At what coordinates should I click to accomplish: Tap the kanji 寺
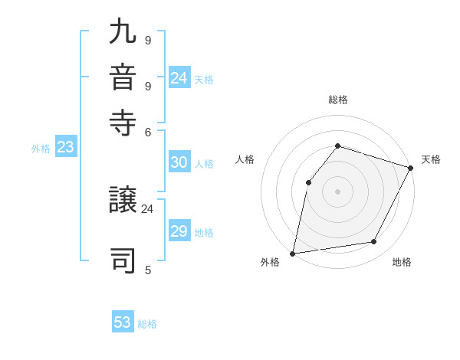(123, 123)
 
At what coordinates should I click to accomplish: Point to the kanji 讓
(123, 202)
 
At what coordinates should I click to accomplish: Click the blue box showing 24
(179, 78)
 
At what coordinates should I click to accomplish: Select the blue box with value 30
(179, 162)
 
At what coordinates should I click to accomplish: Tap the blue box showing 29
(179, 231)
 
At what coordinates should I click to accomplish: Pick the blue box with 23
(65, 148)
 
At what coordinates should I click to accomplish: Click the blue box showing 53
(123, 322)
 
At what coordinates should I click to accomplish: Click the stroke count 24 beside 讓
(147, 208)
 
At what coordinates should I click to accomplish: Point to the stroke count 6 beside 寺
(147, 131)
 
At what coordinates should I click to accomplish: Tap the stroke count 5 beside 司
(147, 270)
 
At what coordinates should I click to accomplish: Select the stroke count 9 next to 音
(147, 85)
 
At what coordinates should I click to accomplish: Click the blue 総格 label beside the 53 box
(147, 324)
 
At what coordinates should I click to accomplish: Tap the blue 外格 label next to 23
(41, 149)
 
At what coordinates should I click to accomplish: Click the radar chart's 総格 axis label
(338, 100)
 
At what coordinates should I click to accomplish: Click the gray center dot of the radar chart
(337, 191)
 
